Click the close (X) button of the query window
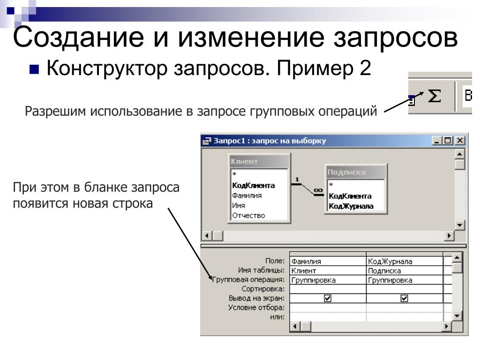tap(460, 141)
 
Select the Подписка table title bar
tap(355, 172)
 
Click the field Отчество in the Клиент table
tap(248, 216)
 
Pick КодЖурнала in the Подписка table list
tap(351, 206)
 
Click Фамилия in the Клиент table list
tap(247, 195)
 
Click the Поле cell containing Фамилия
tap(327, 262)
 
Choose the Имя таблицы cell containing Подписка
tap(404, 271)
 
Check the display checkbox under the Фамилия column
tap(328, 298)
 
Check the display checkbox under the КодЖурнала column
tap(404, 298)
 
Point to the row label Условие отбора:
tap(256, 307)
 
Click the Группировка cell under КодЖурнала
tap(404, 280)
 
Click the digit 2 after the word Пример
tap(365, 69)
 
